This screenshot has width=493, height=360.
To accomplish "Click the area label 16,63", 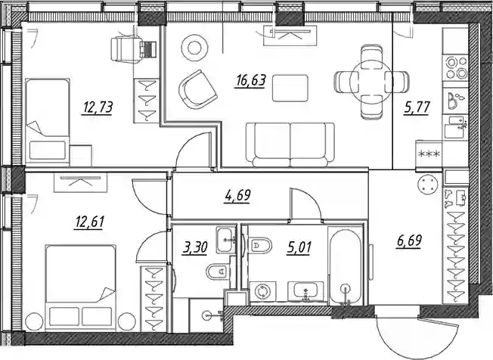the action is pyautogui.click(x=250, y=80).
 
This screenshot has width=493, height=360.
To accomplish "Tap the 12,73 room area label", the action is pyautogui.click(x=97, y=107).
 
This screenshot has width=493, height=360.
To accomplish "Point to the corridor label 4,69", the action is pyautogui.click(x=237, y=196).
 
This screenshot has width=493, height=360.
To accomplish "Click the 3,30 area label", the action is pyautogui.click(x=194, y=247).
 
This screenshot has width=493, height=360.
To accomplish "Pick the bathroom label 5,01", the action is pyautogui.click(x=299, y=247).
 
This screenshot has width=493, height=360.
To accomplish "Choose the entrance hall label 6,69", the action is pyautogui.click(x=408, y=241).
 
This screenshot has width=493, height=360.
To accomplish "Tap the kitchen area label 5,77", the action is pyautogui.click(x=417, y=107).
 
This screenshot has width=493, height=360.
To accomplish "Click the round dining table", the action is pyautogui.click(x=371, y=81).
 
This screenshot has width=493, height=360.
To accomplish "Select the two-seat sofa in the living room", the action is pyautogui.click(x=290, y=144).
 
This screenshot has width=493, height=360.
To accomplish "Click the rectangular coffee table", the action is pyautogui.click(x=290, y=88).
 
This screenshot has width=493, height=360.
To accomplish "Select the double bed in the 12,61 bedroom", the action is pyautogui.click(x=80, y=287).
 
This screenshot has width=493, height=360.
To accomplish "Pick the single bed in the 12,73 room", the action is pyautogui.click(x=47, y=121).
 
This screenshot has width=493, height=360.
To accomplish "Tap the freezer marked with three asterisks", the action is pyautogui.click(x=429, y=154).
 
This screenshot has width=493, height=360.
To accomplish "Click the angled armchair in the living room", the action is pyautogui.click(x=198, y=89).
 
